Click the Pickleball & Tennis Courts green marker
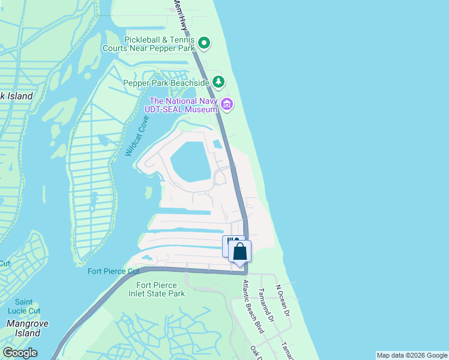(204, 43)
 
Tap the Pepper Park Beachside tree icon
(219, 82)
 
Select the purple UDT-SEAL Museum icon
(227, 104)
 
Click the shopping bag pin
(240, 251)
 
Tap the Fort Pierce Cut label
(113, 271)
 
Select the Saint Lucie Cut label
(24, 306)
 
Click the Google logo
(20, 353)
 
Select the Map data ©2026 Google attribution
(412, 355)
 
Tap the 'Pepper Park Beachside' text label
(166, 83)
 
